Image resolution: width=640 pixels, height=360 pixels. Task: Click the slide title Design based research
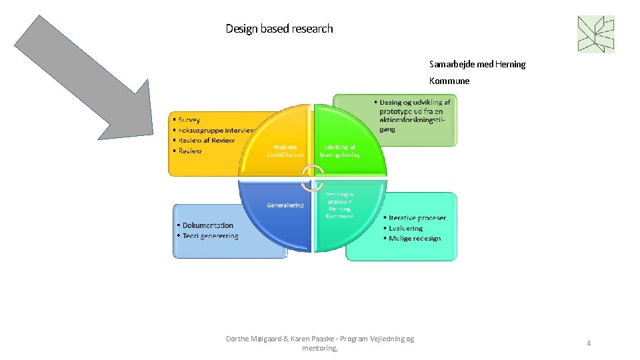[x=279, y=29]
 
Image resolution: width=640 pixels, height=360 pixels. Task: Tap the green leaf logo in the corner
[x=595, y=34]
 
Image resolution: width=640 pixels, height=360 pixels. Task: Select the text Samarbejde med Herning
[x=477, y=65]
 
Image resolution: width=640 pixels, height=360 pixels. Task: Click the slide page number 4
[x=589, y=343]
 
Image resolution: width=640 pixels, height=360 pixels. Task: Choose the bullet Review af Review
[x=206, y=141]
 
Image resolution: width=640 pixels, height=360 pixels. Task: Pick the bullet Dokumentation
[x=207, y=226]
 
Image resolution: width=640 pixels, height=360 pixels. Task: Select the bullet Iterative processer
[x=417, y=218]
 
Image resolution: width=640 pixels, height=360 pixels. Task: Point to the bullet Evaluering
[x=405, y=228]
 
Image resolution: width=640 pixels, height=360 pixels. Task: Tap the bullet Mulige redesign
[x=414, y=239]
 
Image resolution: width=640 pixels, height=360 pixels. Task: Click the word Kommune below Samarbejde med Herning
[x=449, y=81]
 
